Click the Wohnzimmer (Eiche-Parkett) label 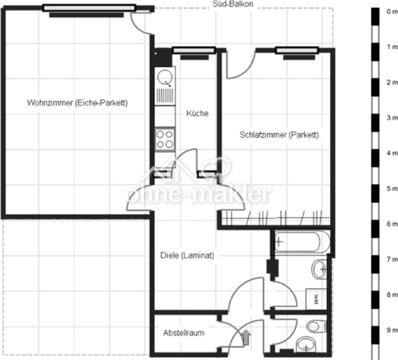click(x=77, y=103)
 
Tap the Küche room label click(x=197, y=114)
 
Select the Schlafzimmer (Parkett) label click(x=279, y=135)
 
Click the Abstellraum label click(x=183, y=333)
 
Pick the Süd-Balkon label click(x=233, y=4)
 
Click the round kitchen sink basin click(x=165, y=78)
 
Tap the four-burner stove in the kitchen click(x=165, y=139)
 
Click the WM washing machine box click(x=316, y=299)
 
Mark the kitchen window click(x=194, y=51)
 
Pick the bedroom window click(x=297, y=51)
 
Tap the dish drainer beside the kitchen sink click(x=165, y=96)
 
